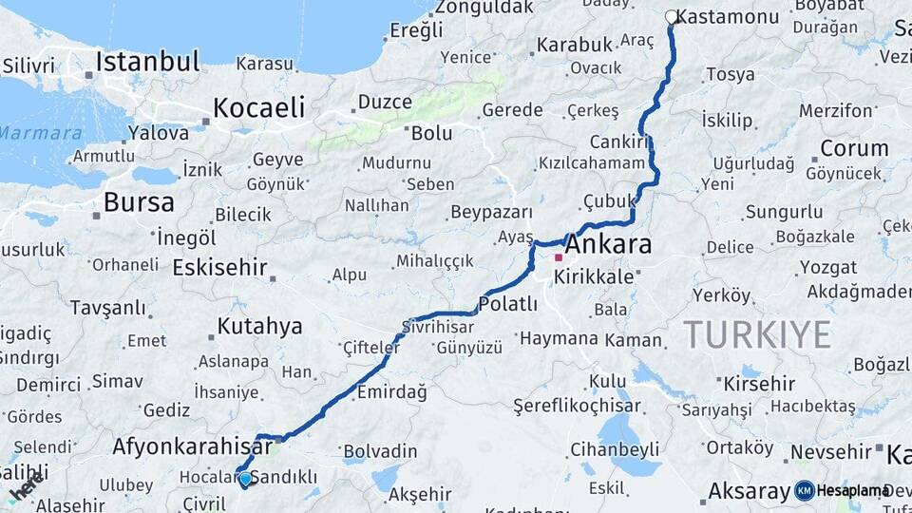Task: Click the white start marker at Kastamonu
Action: pos(672,17)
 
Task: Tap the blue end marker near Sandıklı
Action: pos(245,479)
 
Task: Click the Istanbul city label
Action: pos(148,63)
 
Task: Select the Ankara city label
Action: pos(610,244)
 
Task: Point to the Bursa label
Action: pos(139,202)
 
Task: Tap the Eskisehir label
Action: pos(219,268)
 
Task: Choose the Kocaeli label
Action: pos(258,107)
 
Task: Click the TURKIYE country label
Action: pos(756,334)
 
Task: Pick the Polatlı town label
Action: pos(508,304)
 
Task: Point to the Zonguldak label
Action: pos(484,8)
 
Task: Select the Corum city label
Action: pos(854,148)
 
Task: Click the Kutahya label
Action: pos(259,327)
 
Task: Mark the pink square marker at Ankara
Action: pos(559,256)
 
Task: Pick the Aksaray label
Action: pos(749,492)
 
